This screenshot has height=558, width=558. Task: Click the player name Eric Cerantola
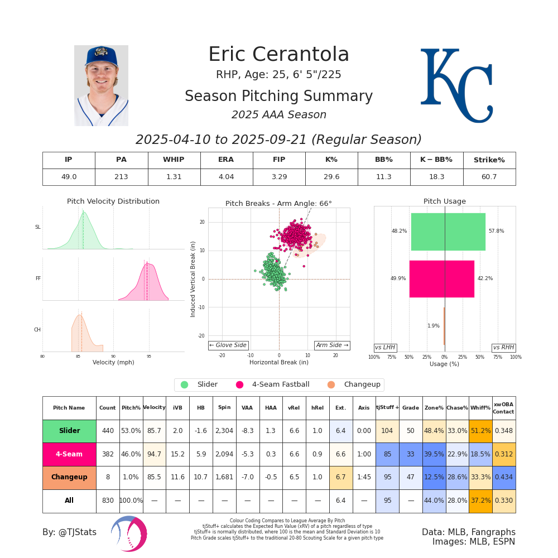[x=278, y=55]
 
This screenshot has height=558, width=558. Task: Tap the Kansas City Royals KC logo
[x=456, y=85]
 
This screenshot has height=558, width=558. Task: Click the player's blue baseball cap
[x=101, y=56]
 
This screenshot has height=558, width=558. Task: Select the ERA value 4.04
[x=226, y=177]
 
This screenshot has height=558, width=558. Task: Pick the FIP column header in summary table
[x=278, y=160]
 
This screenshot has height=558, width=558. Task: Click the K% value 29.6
[x=331, y=177]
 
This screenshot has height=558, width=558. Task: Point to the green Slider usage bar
[x=448, y=232]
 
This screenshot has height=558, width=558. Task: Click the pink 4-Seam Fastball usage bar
[x=441, y=278]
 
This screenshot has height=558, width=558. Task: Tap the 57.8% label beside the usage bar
[x=496, y=231]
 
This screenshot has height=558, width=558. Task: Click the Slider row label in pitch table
[x=69, y=431]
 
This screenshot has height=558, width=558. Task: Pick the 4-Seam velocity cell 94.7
[x=154, y=454]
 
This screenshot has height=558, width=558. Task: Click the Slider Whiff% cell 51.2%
[x=480, y=431]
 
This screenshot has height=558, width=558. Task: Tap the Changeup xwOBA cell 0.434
[x=504, y=478]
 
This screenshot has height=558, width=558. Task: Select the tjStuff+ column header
[x=387, y=408]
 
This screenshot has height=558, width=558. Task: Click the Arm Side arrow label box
[x=332, y=345]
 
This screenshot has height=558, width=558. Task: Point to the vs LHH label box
[x=385, y=348]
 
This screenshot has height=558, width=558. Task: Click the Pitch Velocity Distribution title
[x=113, y=201]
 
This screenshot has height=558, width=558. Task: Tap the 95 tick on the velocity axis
[x=148, y=356]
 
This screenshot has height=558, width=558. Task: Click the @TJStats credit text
[x=69, y=532]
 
